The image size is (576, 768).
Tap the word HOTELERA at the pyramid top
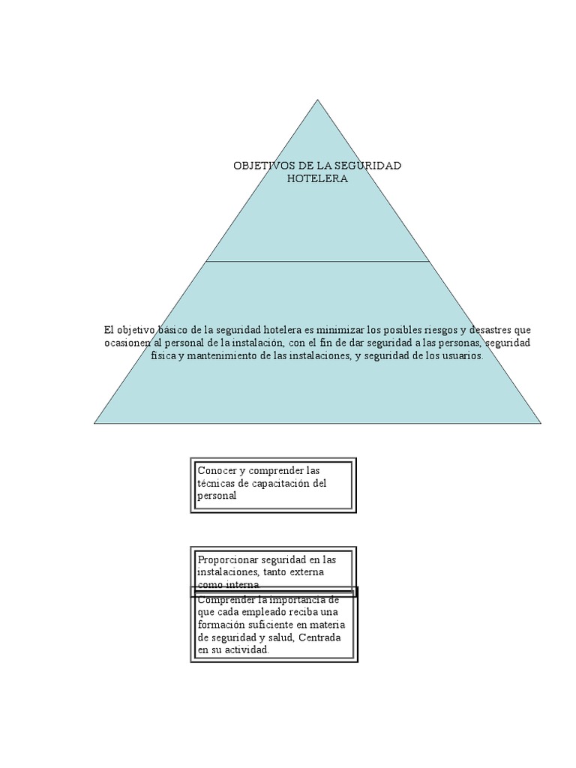(317, 178)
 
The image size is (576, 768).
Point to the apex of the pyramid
(317, 100)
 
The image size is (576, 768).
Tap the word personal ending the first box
(217, 496)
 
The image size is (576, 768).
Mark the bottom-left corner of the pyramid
(94, 424)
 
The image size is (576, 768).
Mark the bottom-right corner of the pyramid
(541, 424)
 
